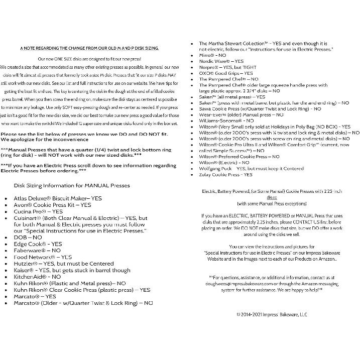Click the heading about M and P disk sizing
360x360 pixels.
pyautogui.click(x=89, y=48)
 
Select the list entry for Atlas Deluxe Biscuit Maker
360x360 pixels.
pyautogui.click(x=58, y=198)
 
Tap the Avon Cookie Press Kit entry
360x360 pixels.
pyautogui.click(x=52, y=205)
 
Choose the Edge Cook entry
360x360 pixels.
pyautogui.click(x=38, y=244)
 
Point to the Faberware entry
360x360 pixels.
pyautogui.click(x=37, y=250)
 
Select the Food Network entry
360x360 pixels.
pyautogui.click(x=43, y=257)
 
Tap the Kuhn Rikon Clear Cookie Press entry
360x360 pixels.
pyautogui.click(x=82, y=290)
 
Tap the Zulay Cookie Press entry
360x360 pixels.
pyautogui.click(x=226, y=175)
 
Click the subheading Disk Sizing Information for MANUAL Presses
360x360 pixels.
pyautogui.click(x=72, y=185)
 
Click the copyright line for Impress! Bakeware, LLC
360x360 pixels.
pyautogui.click(x=271, y=314)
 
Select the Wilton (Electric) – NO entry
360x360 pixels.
pyautogui.click(x=224, y=163)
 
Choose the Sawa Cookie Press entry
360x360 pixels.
pyautogui.click(x=260, y=108)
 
